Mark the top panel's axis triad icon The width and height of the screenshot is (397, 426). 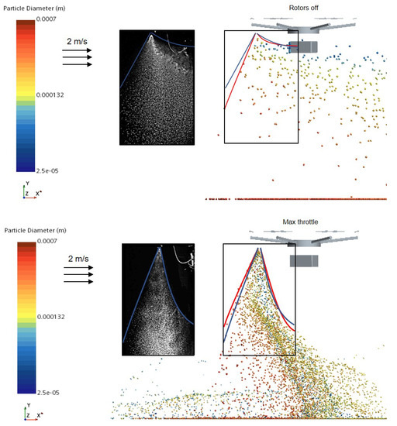pos(29,191)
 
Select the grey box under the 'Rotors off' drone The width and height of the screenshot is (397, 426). pos(303,47)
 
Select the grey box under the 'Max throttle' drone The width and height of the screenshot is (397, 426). pos(304,261)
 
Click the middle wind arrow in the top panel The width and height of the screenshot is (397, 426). pos(77,57)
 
